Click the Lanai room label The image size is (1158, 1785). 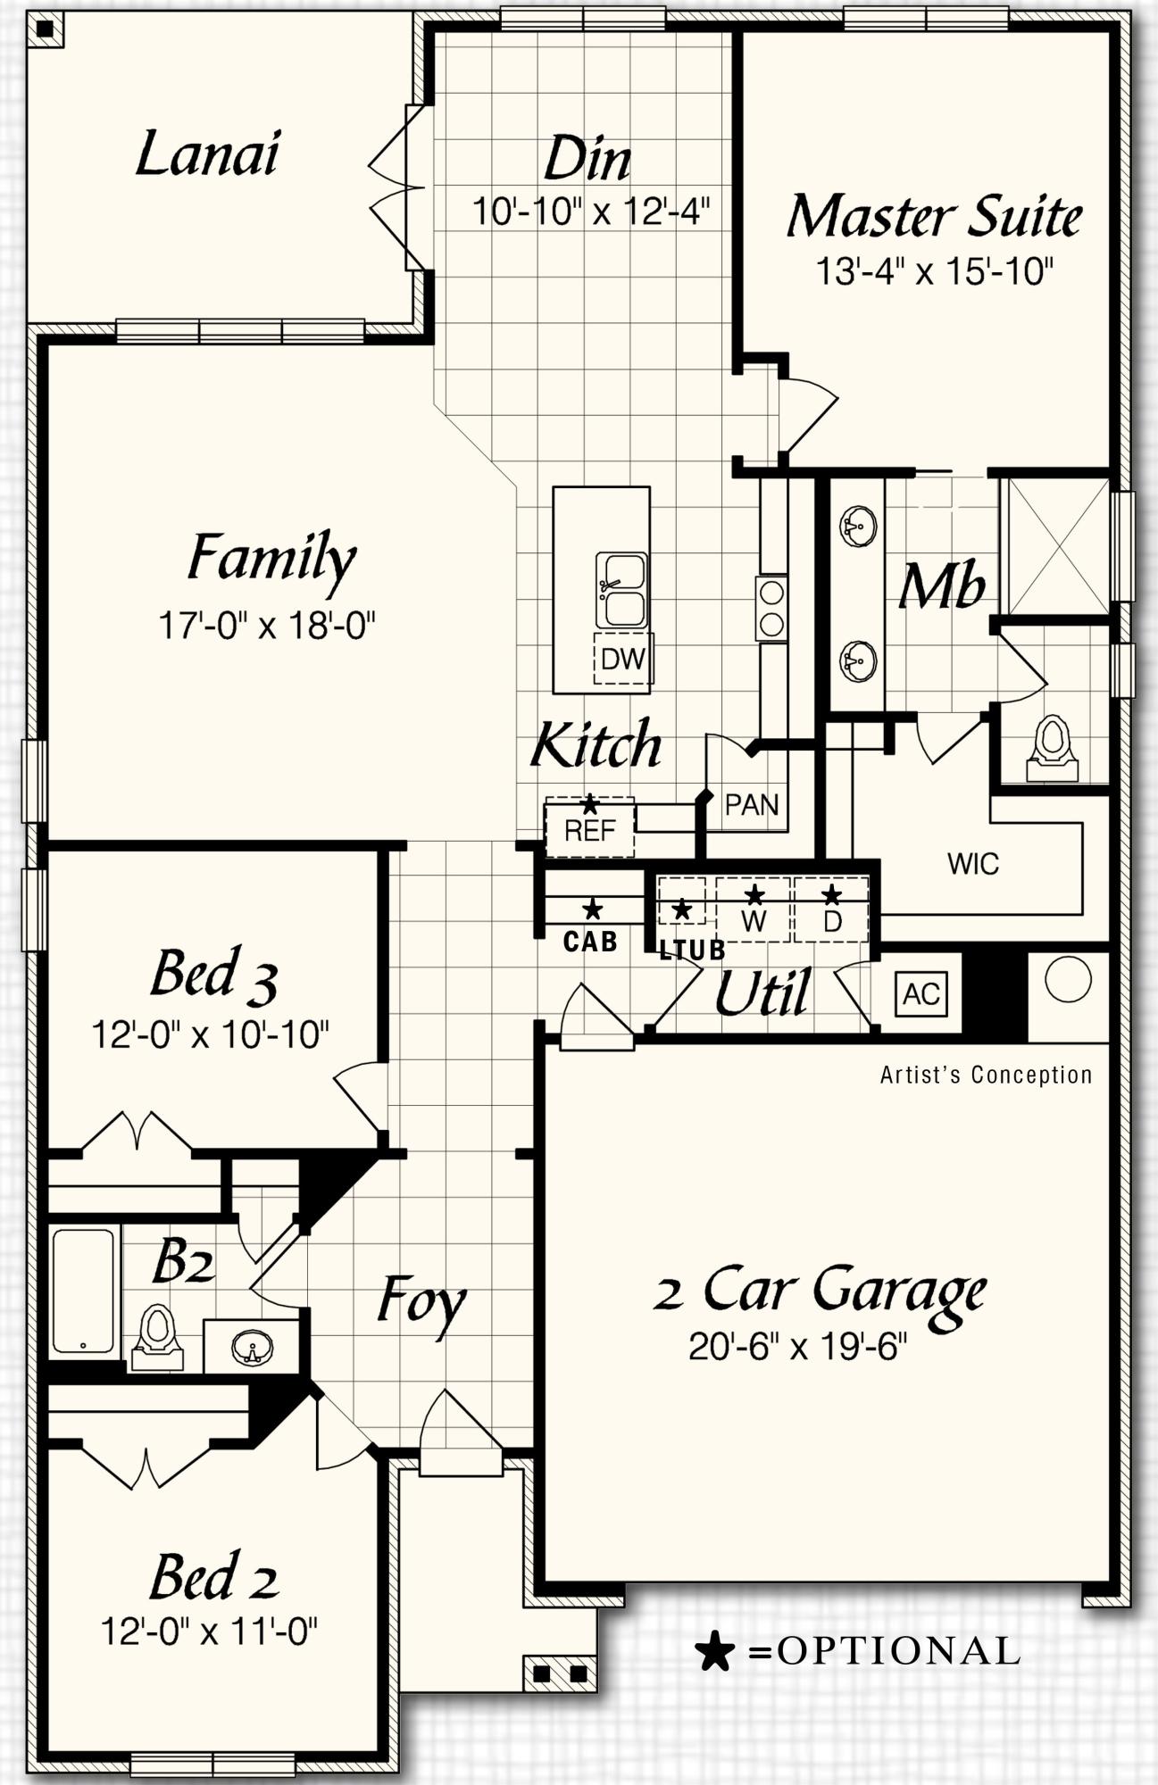coord(207,154)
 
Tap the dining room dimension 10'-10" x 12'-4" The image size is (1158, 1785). coord(591,212)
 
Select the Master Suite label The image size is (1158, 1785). coord(934,217)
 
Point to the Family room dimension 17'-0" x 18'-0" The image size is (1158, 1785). coord(266,626)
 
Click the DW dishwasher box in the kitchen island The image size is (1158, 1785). coord(623,659)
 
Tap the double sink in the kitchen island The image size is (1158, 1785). coord(621,590)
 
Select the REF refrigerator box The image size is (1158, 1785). coord(590,830)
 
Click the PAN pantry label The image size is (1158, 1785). coord(751,805)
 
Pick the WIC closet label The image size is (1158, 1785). coord(972,864)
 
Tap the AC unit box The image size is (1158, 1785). coord(921,993)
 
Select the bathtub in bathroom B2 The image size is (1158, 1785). coord(83,1291)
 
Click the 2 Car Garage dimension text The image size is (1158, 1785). coord(797,1347)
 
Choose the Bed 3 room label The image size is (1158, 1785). coord(213,974)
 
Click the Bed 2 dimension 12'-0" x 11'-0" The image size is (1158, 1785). coord(209,1631)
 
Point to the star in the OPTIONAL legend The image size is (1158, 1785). coord(714,1652)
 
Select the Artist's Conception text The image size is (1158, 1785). coord(986,1075)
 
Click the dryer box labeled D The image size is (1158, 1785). coord(831,910)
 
